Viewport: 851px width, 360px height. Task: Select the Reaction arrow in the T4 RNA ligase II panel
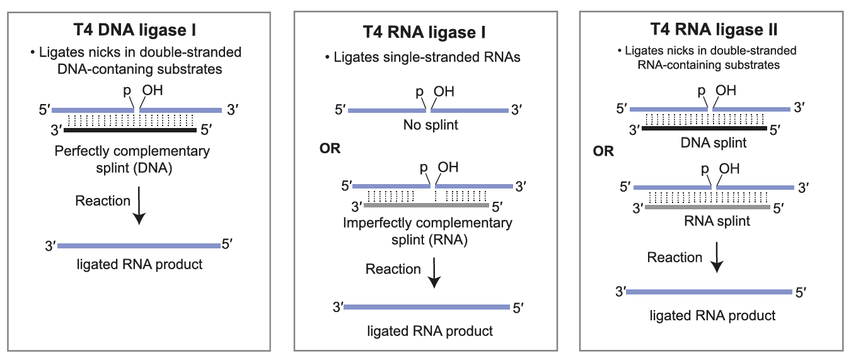[x=716, y=260]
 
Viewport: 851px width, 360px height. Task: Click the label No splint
[x=431, y=125]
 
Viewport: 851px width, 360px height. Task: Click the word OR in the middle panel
[x=330, y=149]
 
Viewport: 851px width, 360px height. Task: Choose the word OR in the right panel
[x=603, y=152]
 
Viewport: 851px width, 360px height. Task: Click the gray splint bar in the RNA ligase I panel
[x=426, y=206]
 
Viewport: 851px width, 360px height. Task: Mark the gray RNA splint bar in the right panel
[x=707, y=206]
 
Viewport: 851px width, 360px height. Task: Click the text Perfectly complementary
[x=132, y=151]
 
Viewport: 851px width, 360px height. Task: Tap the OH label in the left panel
[x=152, y=91]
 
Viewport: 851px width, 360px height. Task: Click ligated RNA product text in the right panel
[x=712, y=315]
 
